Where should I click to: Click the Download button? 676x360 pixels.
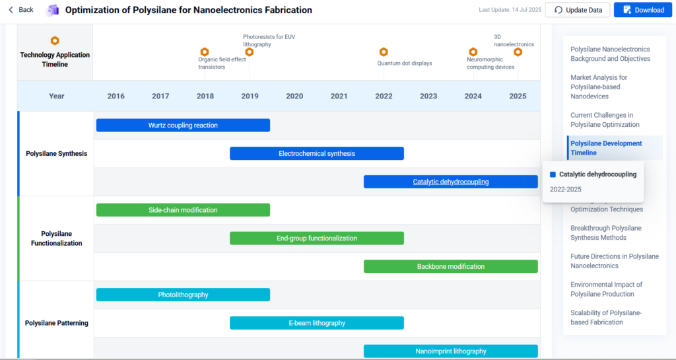643,10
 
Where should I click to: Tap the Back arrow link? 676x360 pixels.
20,10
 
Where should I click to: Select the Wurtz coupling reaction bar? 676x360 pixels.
184,126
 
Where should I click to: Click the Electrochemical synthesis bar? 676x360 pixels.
317,153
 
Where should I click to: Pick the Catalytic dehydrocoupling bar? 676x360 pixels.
451,182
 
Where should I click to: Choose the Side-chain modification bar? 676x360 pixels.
184,210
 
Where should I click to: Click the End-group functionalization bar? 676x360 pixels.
317,238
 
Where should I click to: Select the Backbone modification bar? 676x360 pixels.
451,266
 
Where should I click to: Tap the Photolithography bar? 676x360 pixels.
184,295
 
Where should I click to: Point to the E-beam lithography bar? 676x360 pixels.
317,323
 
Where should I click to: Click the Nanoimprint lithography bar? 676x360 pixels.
451,351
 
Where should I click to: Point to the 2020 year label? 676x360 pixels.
294,96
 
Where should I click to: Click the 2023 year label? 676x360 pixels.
428,96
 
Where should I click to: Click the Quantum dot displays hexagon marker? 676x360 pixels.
384,52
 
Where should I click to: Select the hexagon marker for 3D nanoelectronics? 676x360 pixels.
518,52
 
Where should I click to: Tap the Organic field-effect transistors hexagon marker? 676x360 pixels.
205,52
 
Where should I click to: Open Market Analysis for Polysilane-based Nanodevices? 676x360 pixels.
599,87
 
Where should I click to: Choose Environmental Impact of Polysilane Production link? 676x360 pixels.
606,289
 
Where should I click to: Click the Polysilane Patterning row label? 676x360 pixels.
57,323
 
